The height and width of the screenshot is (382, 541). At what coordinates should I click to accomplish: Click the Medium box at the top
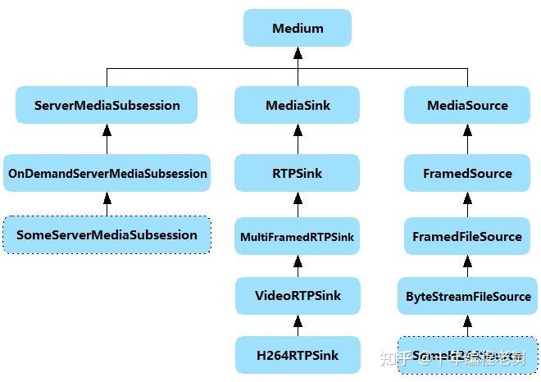coord(298,29)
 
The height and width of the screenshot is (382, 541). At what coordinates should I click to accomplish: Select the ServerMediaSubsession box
coord(107,105)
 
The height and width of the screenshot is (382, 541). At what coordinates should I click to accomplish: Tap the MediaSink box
coord(298,105)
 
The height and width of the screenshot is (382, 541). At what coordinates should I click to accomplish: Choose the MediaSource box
coord(467,105)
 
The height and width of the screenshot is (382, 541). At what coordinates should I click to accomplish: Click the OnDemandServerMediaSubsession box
coord(107,174)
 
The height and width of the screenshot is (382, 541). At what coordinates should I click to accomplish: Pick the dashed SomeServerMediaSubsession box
coord(107,235)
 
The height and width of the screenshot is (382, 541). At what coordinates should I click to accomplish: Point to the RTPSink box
coord(298,174)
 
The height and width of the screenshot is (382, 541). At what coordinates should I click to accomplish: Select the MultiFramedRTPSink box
coord(298,237)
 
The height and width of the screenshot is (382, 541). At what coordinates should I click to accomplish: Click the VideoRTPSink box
coord(298,295)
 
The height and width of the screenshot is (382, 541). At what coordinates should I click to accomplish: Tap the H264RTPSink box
coord(298,355)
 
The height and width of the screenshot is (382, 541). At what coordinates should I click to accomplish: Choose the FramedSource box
coord(467,174)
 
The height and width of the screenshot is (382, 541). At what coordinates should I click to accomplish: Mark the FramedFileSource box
coord(467,237)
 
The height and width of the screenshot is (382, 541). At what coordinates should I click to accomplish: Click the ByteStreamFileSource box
coord(467,295)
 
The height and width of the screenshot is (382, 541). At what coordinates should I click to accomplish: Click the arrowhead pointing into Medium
coord(298,52)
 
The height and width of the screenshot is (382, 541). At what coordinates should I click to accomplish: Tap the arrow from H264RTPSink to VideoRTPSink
coord(298,325)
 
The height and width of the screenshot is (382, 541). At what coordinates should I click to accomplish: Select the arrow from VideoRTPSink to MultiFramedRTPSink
coord(298,266)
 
